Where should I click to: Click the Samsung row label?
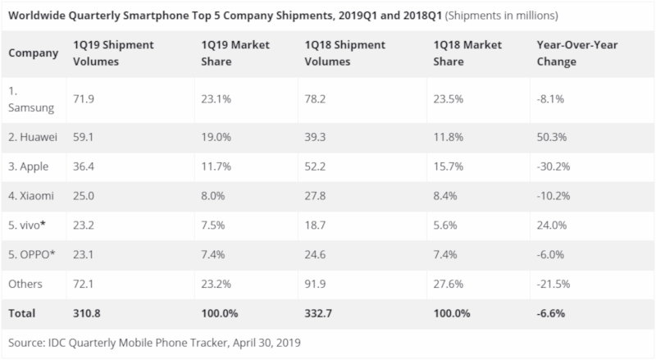pos(31,99)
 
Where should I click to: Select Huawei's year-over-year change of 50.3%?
pos(551,137)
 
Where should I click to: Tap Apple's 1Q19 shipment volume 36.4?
pos(84,166)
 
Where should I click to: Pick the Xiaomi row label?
pos(31,196)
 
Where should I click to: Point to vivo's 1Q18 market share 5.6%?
pos(445,226)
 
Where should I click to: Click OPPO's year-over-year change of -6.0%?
pos(550,254)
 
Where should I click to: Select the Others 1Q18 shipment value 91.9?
pos(315,284)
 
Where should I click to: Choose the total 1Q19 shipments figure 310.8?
pos(87,313)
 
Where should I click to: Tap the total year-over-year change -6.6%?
pos(550,313)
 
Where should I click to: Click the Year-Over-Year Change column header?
pos(577,53)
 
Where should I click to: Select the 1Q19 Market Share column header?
pos(235,53)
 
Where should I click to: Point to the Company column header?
pos(33,53)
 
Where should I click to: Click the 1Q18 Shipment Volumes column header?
pos(344,53)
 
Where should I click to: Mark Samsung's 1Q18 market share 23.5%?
pos(448,99)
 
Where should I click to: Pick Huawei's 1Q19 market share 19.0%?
pos(216,137)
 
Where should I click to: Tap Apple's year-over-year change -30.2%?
pos(553,166)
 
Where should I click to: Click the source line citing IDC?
pos(154,343)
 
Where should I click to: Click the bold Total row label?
pos(22,313)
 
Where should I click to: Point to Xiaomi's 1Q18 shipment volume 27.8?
pos(315,196)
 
